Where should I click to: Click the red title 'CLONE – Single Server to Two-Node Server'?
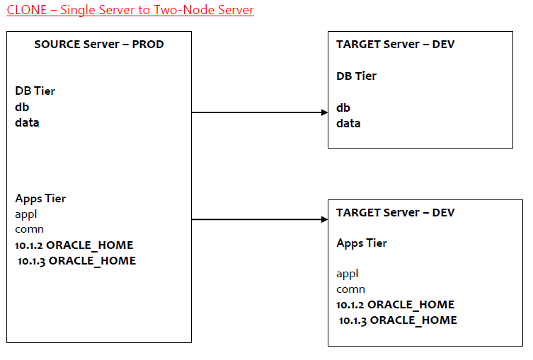coord(130,10)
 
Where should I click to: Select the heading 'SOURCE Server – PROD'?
coord(99,45)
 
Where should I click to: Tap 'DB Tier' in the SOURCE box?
coord(35,91)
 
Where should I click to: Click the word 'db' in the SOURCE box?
coord(22,107)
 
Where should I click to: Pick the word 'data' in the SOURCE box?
coord(27,122)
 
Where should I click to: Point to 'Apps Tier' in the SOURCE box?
coord(40,199)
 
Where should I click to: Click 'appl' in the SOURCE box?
coord(25,214)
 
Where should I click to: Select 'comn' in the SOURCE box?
coord(29,229)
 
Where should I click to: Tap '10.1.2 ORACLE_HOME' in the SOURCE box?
coord(74,245)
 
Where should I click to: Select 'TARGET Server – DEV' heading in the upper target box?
coord(395,45)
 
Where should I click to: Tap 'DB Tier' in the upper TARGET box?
coord(356,76)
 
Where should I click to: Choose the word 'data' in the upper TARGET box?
coord(348,123)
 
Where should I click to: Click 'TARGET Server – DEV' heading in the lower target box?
coord(395,213)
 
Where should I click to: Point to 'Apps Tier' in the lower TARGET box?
coord(362,243)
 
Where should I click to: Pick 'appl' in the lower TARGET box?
coord(347,274)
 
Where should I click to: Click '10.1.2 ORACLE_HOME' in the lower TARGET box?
coord(395,304)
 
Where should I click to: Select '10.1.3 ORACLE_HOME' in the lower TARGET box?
coord(398,320)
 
